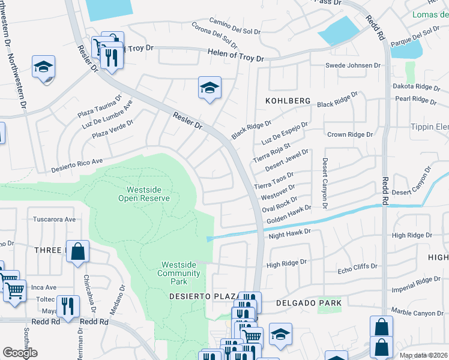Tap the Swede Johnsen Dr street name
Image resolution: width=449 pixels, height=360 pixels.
[353, 65]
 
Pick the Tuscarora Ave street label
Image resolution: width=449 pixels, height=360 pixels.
[55, 219]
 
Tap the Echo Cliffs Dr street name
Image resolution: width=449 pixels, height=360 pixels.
[357, 266]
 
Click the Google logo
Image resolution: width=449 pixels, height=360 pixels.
[20, 352]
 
